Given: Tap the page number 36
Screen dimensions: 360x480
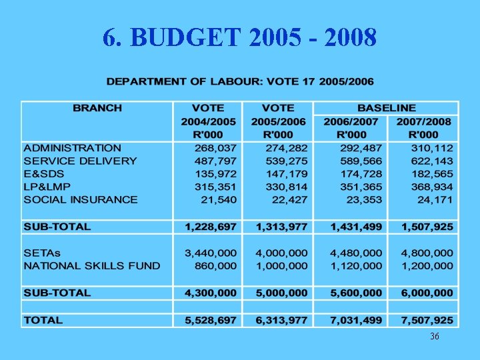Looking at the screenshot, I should pyautogui.click(x=434, y=337).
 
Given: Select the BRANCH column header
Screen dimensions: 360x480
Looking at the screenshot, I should pyautogui.click(x=97, y=108).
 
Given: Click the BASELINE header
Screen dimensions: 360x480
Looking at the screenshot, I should pyautogui.click(x=386, y=108).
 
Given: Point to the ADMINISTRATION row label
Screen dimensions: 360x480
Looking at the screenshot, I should pyautogui.click(x=73, y=148).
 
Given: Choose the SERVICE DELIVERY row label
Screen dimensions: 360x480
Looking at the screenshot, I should pyautogui.click(x=80, y=161).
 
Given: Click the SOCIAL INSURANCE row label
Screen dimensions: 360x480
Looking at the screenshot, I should pyautogui.click(x=81, y=199).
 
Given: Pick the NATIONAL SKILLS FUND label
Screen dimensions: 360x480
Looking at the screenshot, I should pyautogui.click(x=92, y=265).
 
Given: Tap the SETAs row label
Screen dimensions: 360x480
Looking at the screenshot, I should pyautogui.click(x=42, y=253).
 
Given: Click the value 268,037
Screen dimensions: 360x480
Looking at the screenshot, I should pyautogui.click(x=215, y=148).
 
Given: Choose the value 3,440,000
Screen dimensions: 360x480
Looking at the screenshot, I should pyautogui.click(x=211, y=253).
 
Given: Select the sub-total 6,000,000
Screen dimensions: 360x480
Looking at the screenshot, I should pyautogui.click(x=427, y=293).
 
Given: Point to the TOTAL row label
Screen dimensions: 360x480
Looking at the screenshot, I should pyautogui.click(x=43, y=320).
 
